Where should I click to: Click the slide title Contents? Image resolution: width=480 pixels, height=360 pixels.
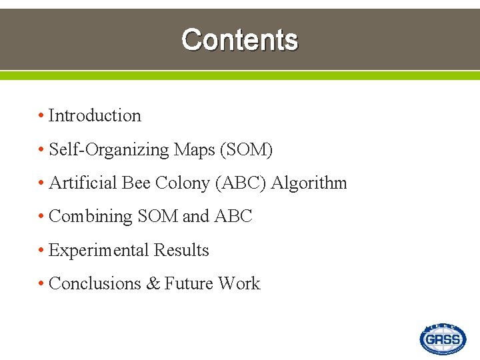pos(239,40)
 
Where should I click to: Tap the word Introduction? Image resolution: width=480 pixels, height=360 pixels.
pos(95,115)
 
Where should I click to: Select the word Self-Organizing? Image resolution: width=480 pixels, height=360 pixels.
pos(109,149)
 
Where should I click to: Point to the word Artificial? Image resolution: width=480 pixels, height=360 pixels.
pos(83,183)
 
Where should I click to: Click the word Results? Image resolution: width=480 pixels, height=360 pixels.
pos(181,250)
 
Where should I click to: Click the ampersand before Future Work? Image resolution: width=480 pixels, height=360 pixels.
pos(153,284)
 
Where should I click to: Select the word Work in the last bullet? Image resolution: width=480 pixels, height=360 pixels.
pos(239,283)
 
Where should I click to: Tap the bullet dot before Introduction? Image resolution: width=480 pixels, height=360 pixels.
pos(41,116)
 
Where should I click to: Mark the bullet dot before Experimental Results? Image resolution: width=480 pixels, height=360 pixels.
pos(41,251)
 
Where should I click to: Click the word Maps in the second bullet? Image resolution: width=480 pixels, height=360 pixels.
pos(194,149)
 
